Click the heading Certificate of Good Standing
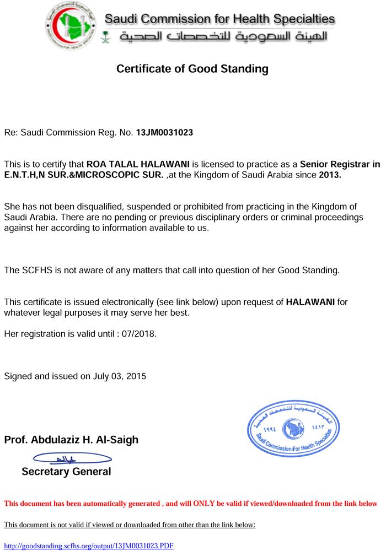[x=192, y=69]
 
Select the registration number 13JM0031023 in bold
[x=165, y=133]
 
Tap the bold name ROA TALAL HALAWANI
[x=138, y=164]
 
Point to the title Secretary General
[x=66, y=472]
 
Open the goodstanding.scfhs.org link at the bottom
[x=89, y=545]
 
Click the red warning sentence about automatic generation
[x=190, y=504]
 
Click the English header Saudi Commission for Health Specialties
[x=219, y=20]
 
